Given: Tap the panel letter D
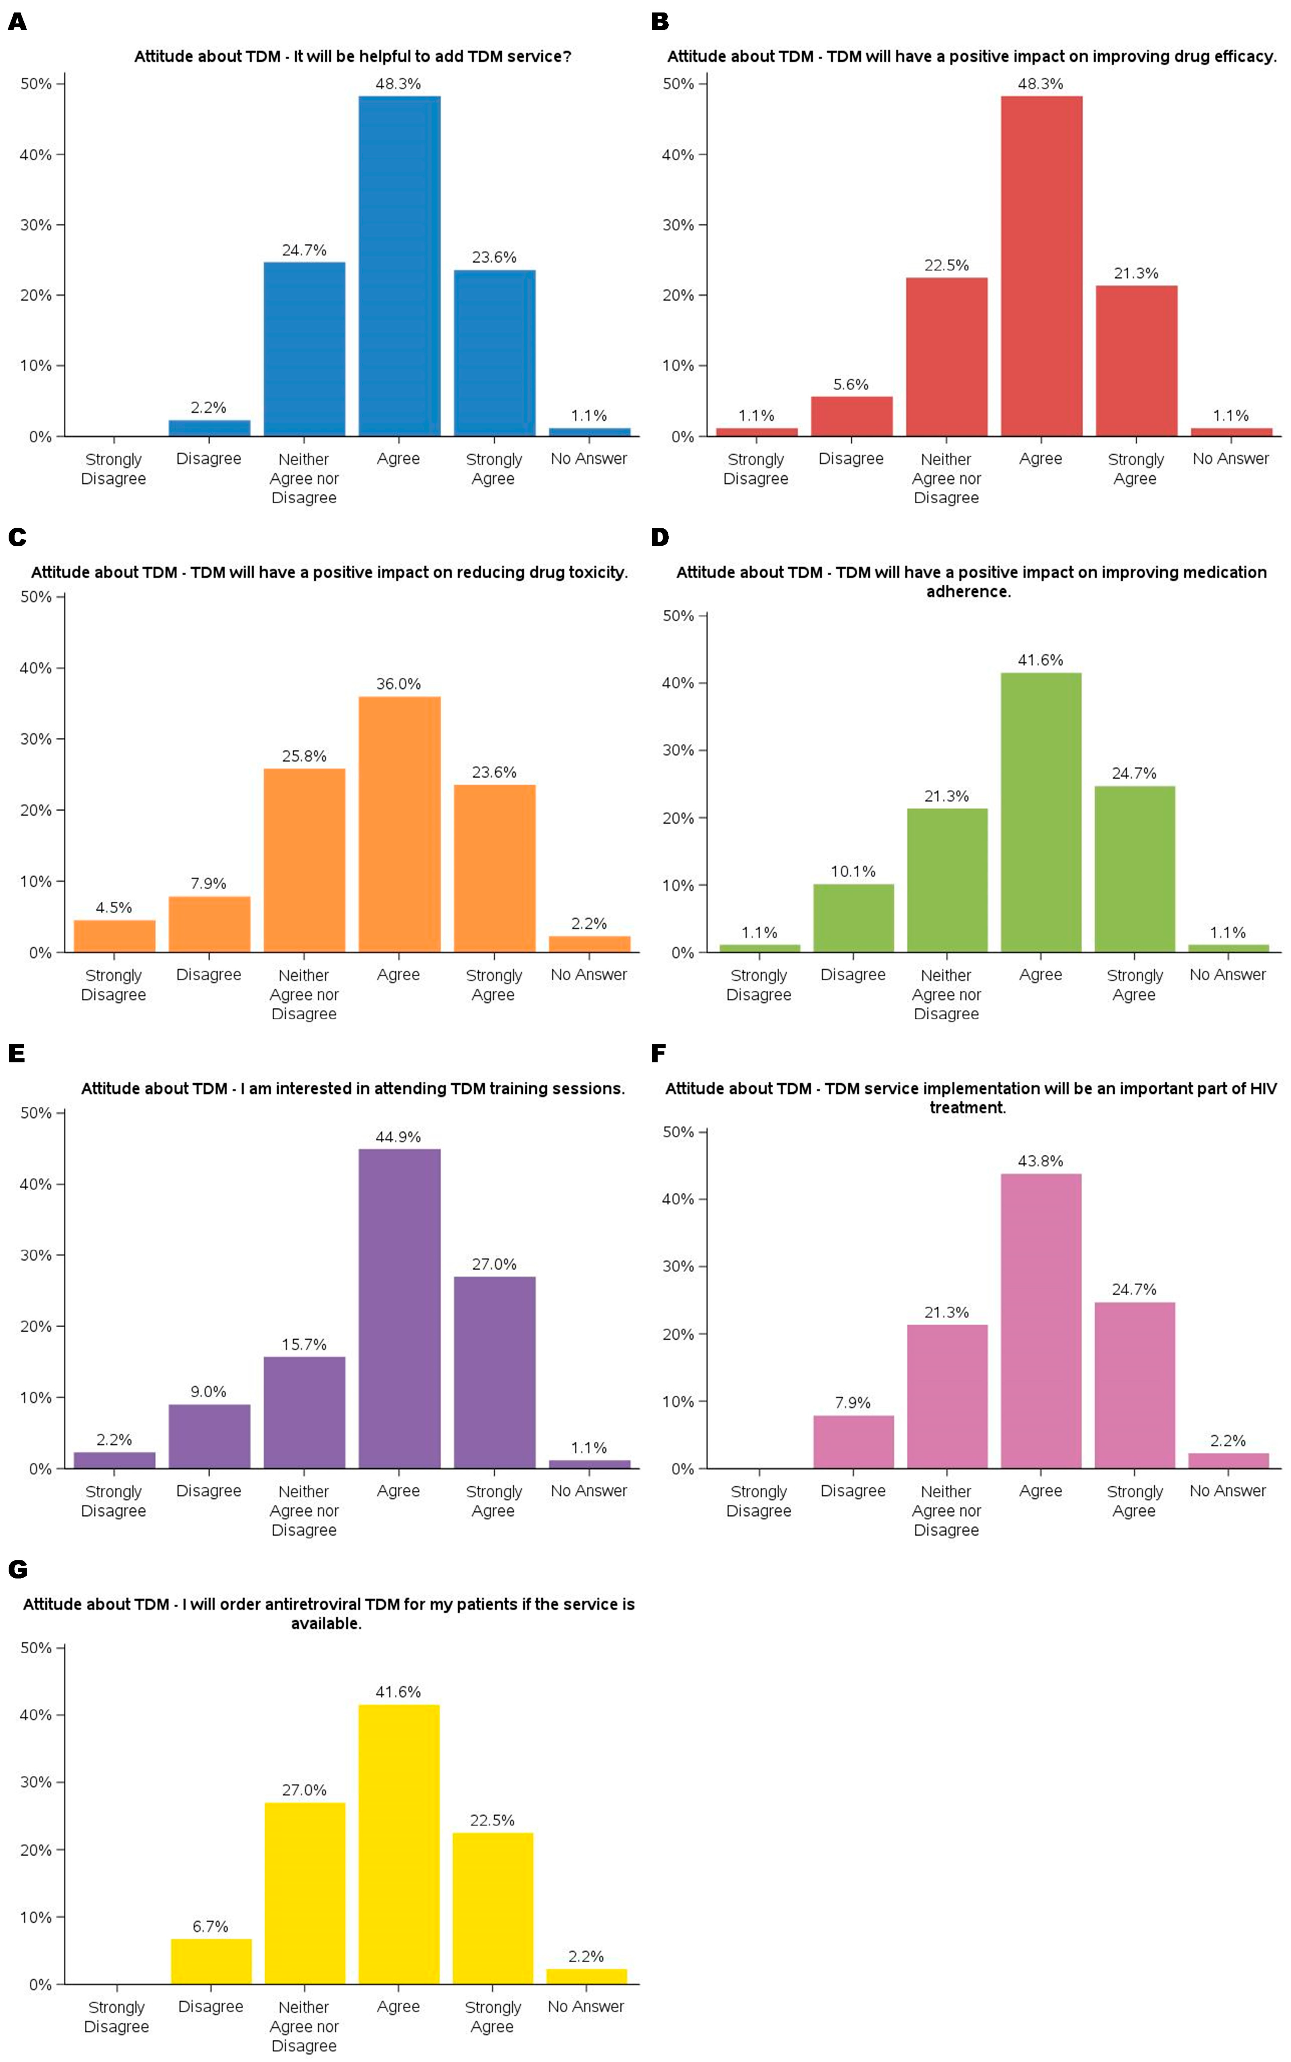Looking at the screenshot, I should [659, 537].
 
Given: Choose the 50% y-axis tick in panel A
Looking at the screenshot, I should [36, 84].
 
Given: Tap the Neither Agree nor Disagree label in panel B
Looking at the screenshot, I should [946, 478].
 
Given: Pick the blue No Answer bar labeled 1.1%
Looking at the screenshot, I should [589, 431].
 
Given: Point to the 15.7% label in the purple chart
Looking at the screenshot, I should [304, 1344].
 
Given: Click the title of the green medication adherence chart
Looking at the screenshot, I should [971, 582].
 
